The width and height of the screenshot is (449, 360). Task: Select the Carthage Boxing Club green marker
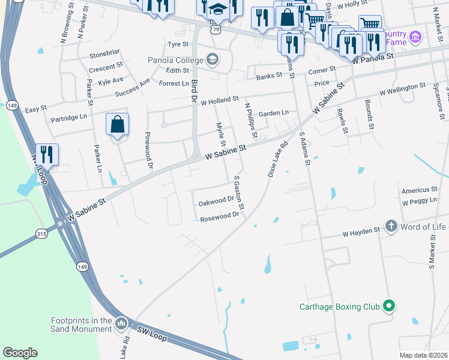(x=389, y=307)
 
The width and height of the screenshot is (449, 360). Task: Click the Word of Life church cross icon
(x=391, y=226)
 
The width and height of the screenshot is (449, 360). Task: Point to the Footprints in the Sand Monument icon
(x=121, y=324)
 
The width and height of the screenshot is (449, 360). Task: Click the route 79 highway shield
(x=215, y=28)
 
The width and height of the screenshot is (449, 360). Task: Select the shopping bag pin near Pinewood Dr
(x=118, y=125)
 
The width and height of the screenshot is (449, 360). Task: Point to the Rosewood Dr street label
(x=219, y=217)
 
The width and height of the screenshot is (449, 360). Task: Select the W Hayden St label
(x=361, y=232)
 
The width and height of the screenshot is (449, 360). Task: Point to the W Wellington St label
(x=402, y=90)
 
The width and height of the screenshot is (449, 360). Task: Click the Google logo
(x=20, y=353)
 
